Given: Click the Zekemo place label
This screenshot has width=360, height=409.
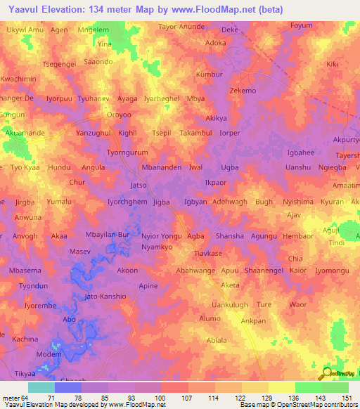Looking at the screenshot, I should click(243, 91).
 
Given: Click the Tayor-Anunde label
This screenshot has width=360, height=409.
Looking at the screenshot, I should click(181, 26).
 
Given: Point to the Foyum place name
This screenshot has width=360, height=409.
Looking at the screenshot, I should click(301, 26).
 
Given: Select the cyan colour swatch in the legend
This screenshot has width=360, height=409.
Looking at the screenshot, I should click(41, 387).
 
